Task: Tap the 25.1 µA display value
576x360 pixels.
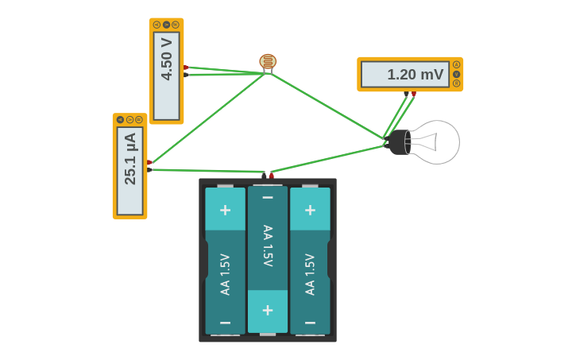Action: [x=130, y=159]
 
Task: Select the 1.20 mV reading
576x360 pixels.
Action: [x=416, y=75]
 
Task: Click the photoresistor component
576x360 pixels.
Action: [x=268, y=61]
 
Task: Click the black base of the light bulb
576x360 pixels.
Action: [x=398, y=142]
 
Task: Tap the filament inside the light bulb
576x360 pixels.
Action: [x=426, y=142]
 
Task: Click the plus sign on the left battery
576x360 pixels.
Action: [x=225, y=210]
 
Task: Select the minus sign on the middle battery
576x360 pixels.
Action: [x=268, y=197]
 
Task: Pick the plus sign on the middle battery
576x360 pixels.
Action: [x=268, y=311]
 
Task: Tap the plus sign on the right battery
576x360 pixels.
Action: [x=311, y=210]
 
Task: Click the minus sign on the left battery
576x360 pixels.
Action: [x=225, y=323]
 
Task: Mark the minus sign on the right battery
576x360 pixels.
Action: [x=311, y=323]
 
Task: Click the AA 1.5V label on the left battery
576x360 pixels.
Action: [x=225, y=274]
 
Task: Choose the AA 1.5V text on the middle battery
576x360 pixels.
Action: [x=268, y=246]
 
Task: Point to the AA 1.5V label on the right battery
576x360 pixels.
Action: [x=311, y=274]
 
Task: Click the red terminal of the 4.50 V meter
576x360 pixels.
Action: [x=186, y=68]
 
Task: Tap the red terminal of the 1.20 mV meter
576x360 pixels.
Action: [x=414, y=94]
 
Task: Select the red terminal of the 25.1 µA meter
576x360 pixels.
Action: [x=149, y=162]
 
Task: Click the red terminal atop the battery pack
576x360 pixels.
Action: [x=271, y=176]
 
